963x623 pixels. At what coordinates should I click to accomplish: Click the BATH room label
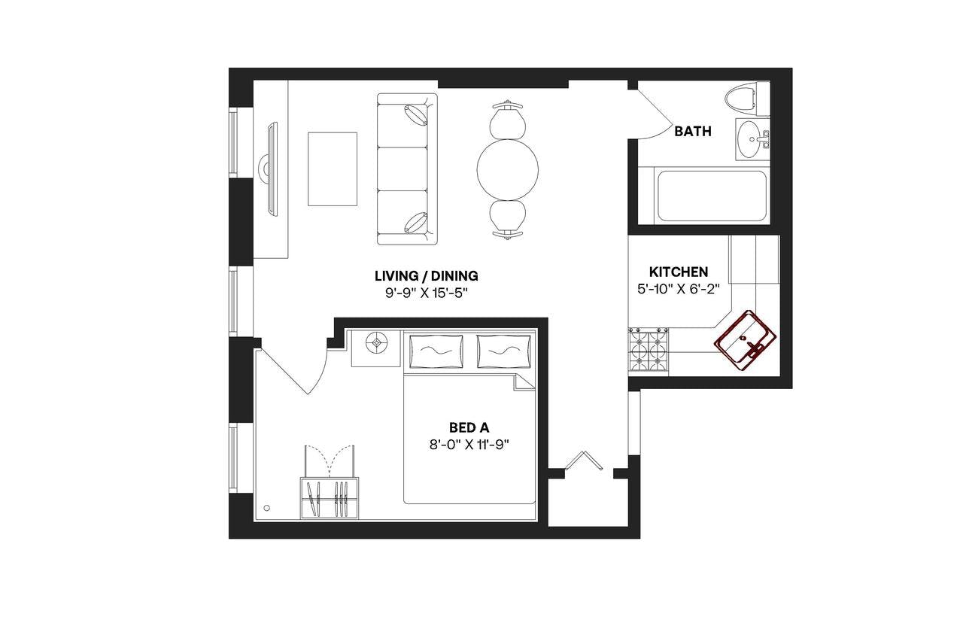point(692,132)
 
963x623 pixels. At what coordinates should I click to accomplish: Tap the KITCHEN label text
point(679,272)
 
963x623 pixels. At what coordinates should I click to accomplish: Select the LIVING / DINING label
point(426,275)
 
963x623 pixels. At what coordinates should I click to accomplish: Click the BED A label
point(469,427)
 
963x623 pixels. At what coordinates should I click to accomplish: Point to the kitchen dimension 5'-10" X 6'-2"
point(679,287)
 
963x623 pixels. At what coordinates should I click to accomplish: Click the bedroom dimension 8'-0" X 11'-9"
point(469,444)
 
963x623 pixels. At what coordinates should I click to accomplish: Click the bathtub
point(711,196)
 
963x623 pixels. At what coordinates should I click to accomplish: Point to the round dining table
point(508,169)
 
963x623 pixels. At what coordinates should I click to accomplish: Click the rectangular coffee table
point(332,169)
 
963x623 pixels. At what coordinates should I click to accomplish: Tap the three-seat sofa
point(406,169)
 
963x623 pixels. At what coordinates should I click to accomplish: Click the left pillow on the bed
point(437,350)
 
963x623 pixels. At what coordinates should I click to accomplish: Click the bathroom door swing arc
point(653,120)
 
